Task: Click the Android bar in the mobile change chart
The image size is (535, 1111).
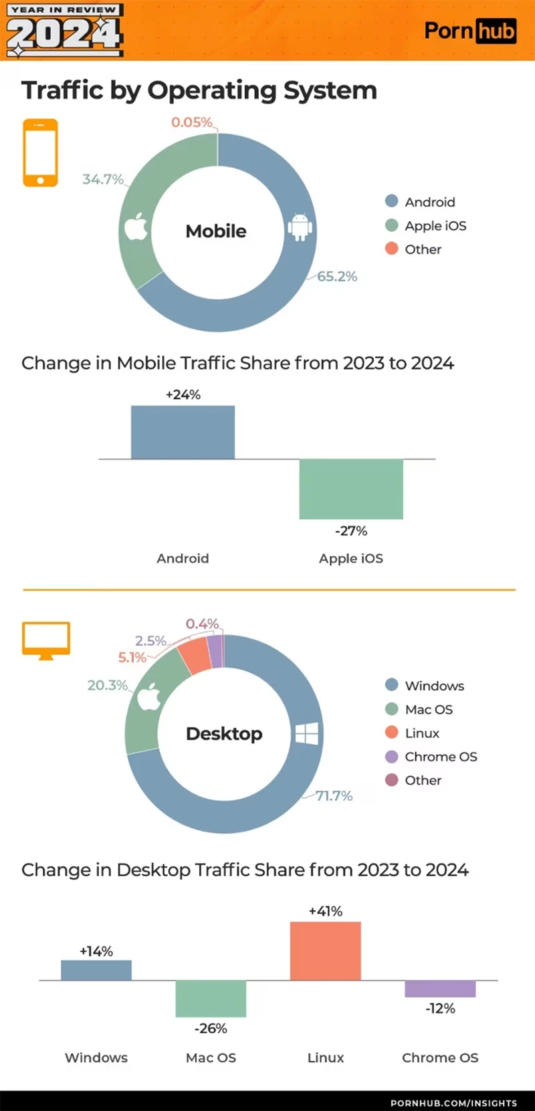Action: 183,432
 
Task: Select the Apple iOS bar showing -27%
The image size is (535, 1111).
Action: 351,489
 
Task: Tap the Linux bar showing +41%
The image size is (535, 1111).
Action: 326,951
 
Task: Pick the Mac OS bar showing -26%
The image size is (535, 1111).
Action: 211,998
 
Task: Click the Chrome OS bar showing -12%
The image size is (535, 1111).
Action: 440,989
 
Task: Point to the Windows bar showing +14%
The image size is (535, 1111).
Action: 96,970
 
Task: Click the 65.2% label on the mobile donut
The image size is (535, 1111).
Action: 337,276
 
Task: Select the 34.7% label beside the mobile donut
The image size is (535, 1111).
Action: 102,179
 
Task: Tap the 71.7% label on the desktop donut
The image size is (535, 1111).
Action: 334,795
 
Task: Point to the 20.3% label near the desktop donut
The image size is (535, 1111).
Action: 107,685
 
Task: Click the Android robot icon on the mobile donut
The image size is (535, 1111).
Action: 300,227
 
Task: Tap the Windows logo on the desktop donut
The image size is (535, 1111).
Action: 307,733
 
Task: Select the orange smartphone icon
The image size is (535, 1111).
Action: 40,153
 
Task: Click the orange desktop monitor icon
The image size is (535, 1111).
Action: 46,640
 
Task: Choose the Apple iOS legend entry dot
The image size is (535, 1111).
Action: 392,225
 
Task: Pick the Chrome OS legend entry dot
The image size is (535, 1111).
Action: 392,756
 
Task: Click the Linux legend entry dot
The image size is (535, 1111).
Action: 392,733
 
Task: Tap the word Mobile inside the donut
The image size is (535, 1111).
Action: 216,231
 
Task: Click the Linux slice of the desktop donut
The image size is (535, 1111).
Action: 195,656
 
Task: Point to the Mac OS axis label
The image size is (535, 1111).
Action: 211,1058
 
